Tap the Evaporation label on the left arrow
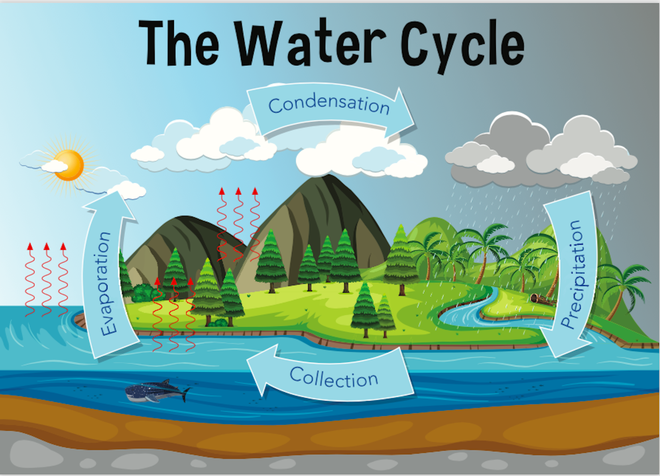(106, 283)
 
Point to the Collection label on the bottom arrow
(334, 378)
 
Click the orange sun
(70, 165)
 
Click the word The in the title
(179, 43)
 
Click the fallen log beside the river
(542, 300)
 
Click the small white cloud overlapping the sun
(55, 166)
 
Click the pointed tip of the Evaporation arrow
(118, 191)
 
